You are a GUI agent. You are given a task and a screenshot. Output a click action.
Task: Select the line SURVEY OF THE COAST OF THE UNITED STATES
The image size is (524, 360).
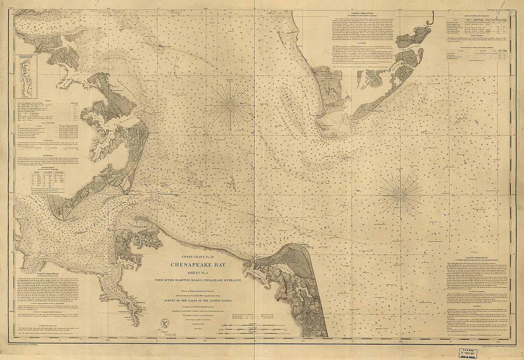[204, 298]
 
